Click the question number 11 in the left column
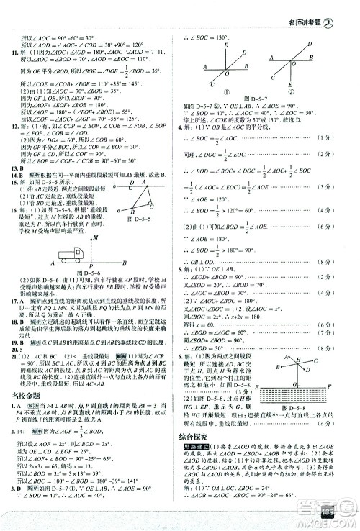coord(12,53)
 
